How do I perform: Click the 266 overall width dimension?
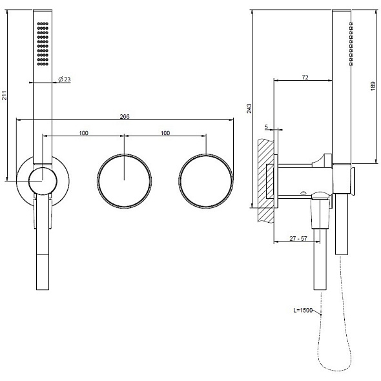point(125,117)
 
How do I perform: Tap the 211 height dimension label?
point(5,96)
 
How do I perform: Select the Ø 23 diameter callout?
point(65,79)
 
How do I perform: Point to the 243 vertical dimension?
point(249,108)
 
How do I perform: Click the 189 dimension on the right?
point(373,87)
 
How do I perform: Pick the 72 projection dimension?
point(305,77)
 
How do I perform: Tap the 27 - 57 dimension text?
point(298,239)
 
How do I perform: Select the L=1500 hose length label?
point(303,311)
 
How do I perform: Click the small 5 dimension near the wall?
point(266,127)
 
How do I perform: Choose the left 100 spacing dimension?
point(83,133)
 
